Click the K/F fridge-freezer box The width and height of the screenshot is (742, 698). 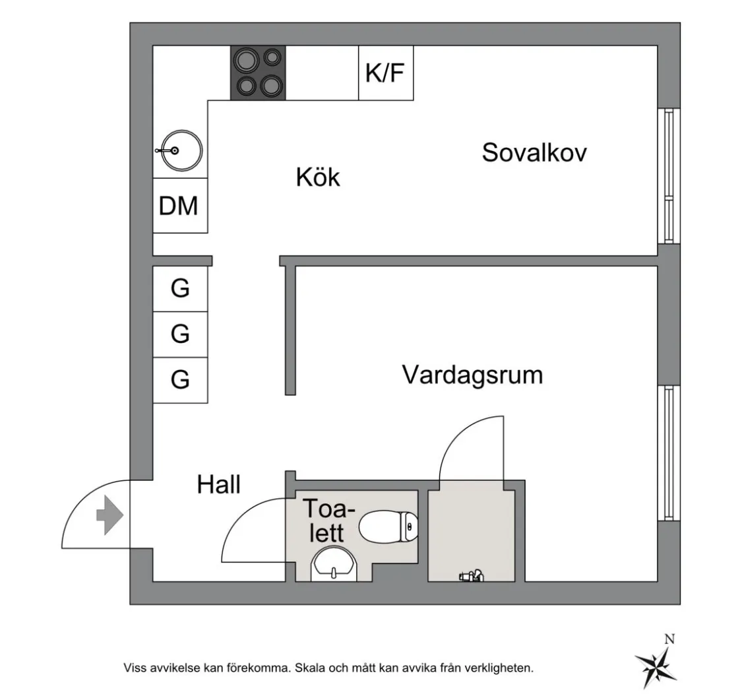(386, 73)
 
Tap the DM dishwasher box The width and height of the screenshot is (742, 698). (179, 205)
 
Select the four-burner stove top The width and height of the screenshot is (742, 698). (258, 73)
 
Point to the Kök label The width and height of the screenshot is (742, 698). (318, 177)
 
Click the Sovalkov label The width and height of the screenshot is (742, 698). (534, 152)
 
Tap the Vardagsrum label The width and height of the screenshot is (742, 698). (472, 375)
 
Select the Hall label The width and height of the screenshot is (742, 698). (218, 486)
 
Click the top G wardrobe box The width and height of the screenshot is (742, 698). (180, 288)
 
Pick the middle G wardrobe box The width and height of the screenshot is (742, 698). (180, 334)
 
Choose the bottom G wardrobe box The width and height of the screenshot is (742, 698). (180, 380)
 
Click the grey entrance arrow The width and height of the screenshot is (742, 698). (109, 517)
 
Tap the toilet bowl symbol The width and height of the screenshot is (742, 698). (389, 526)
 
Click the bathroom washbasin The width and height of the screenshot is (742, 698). (334, 565)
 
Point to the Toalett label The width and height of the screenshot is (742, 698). (328, 521)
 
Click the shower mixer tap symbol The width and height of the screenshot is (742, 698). (472, 576)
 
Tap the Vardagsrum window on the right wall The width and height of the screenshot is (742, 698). (669, 453)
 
